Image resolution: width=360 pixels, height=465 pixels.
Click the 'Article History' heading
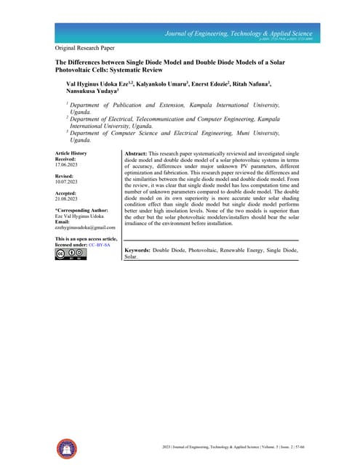(71, 153)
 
